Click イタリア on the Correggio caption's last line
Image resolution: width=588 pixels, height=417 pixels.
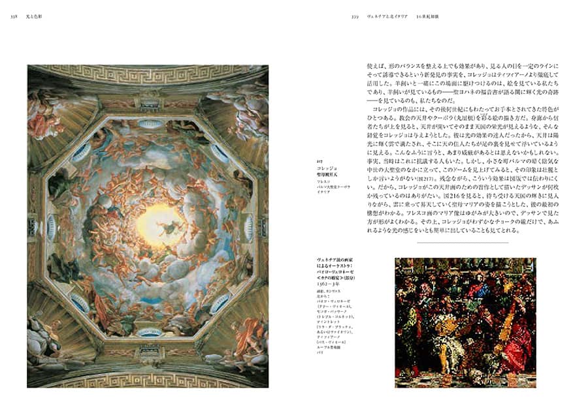(322, 193)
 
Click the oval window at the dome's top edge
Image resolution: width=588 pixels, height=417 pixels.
(149, 123)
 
